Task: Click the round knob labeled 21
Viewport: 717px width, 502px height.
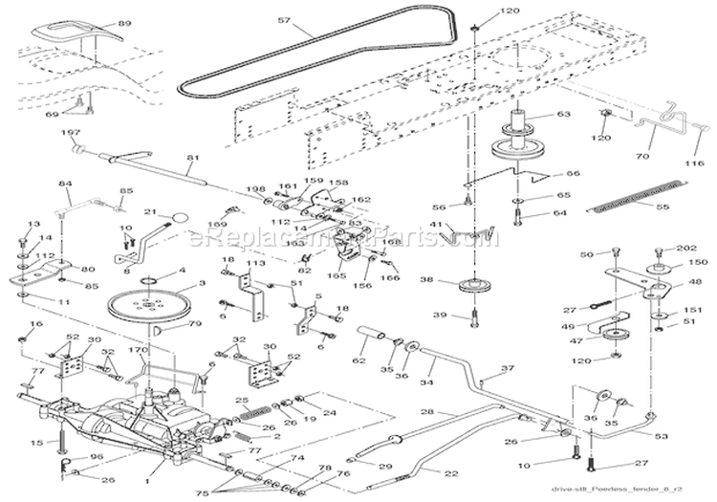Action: (x=177, y=217)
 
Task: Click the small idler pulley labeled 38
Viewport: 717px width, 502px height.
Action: (x=473, y=286)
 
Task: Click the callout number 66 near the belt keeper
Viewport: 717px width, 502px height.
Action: (x=574, y=174)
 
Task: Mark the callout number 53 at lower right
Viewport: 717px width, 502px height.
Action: (x=686, y=435)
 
